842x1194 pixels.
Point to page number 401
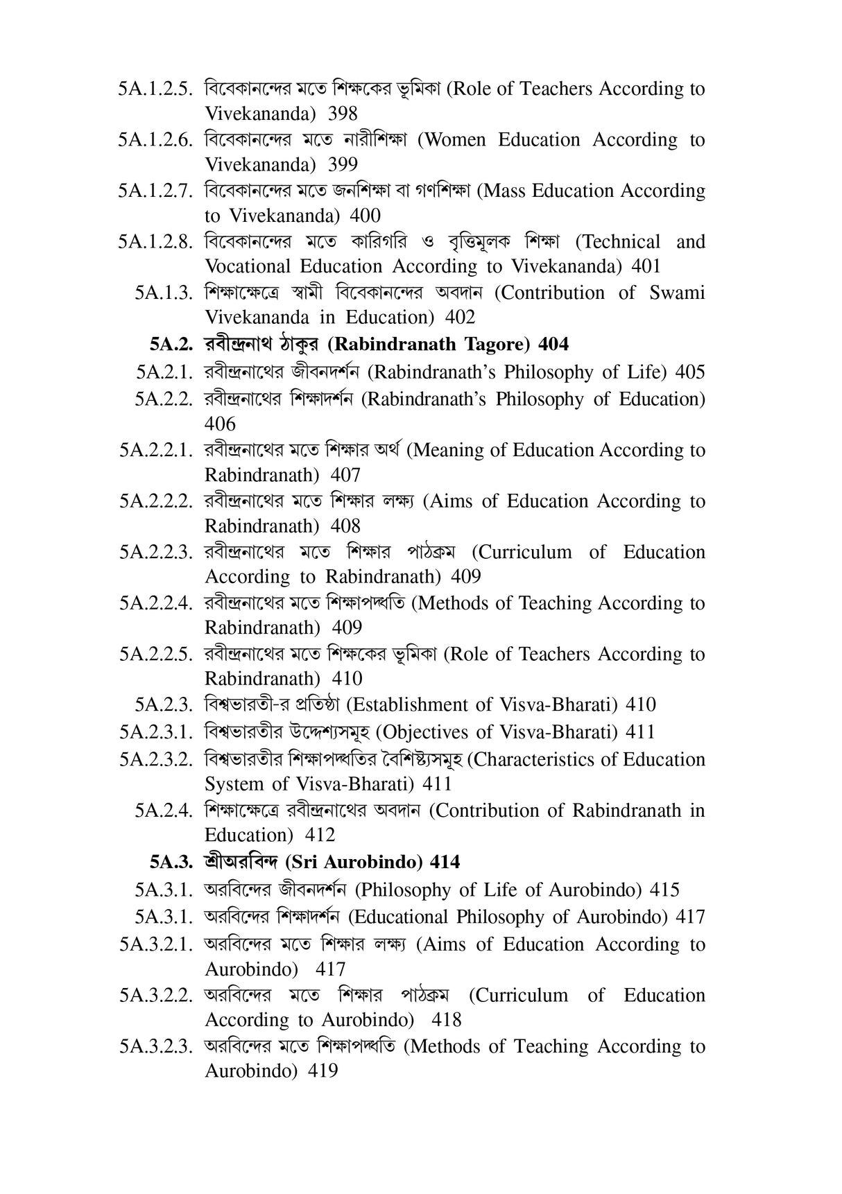[646, 266]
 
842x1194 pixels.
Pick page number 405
[690, 372]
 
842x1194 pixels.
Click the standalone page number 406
[221, 424]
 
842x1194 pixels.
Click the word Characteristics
[535, 760]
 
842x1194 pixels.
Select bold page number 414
[445, 862]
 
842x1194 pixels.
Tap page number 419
[323, 1071]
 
